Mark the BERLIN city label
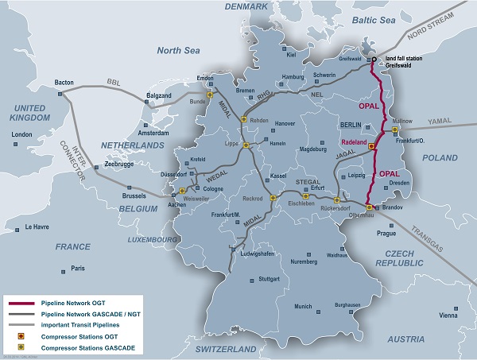351,125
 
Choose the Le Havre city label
37,227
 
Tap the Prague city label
386,234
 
